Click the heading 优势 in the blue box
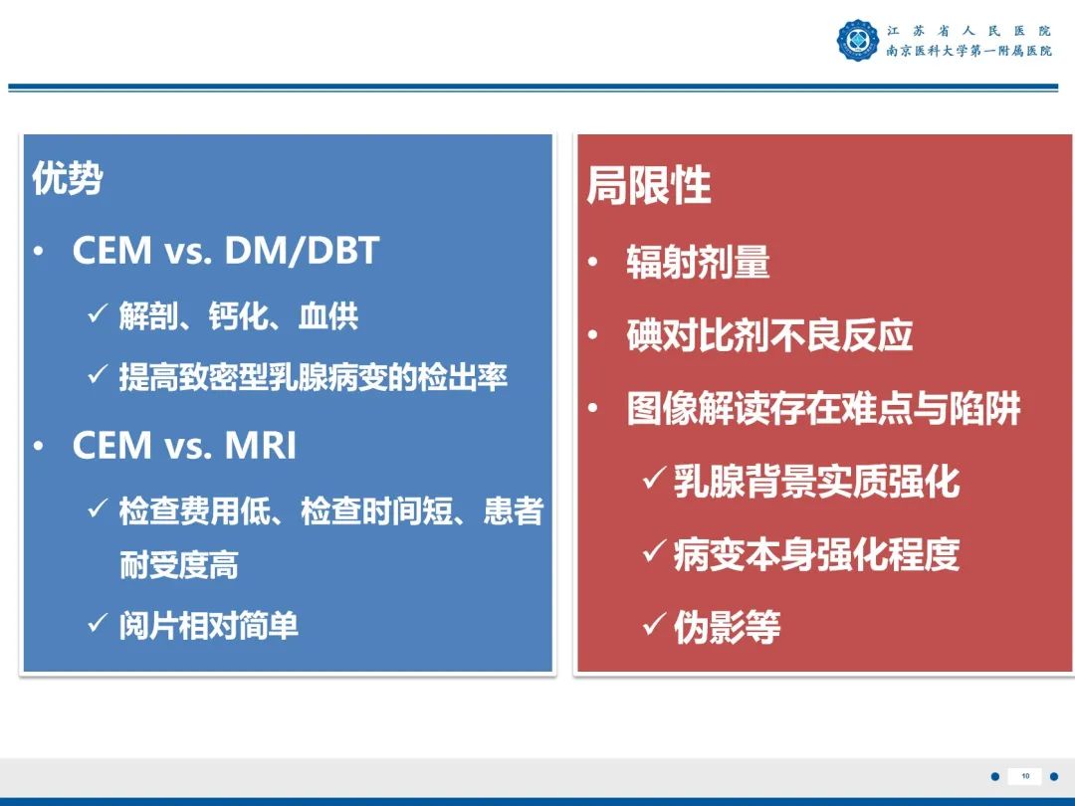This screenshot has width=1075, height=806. tap(68, 179)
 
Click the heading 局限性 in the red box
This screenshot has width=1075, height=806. tap(648, 186)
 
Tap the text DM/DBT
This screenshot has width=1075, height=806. tap(303, 251)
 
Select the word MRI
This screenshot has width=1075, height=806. tap(261, 447)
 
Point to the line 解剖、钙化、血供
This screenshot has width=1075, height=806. tap(238, 316)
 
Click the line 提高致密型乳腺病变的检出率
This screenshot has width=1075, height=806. tap(313, 377)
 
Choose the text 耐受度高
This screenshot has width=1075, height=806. tap(179, 565)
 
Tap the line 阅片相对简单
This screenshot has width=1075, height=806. tap(208, 626)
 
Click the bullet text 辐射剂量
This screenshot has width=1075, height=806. tap(698, 264)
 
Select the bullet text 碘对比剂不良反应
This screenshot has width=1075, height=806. tap(769, 336)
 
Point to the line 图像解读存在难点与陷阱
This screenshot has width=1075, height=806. tap(823, 409)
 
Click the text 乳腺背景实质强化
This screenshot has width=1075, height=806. tap(816, 482)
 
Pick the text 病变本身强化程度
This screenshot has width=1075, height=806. tap(816, 554)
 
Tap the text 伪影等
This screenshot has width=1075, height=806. tap(727, 627)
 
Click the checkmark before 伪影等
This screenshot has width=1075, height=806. tap(654, 626)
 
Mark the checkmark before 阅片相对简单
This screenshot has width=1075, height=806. tap(97, 624)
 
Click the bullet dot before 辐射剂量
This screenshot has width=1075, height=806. tap(593, 265)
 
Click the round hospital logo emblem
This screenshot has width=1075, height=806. tap(857, 41)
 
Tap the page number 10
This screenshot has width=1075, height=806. tap(1025, 776)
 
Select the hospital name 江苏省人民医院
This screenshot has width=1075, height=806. tap(968, 31)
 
